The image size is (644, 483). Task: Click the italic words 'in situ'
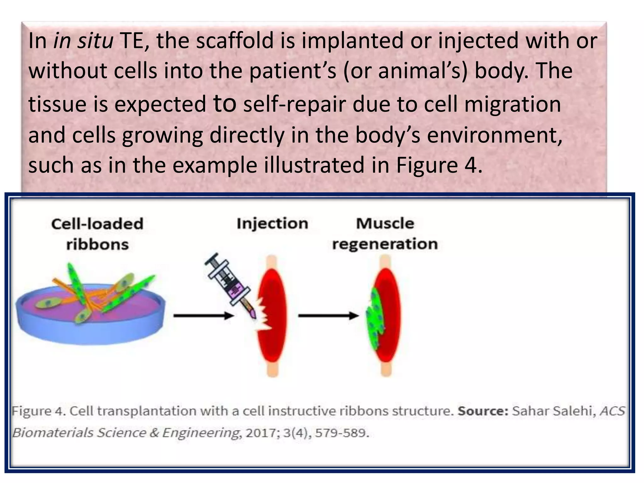[83, 41]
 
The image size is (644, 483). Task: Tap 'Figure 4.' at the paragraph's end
[439, 166]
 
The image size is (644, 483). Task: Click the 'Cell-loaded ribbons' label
[97, 234]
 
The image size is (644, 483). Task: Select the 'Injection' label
[272, 224]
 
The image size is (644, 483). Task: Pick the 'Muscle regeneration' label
[385, 234]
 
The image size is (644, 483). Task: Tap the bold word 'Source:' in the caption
[483, 411]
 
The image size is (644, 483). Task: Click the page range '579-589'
[341, 433]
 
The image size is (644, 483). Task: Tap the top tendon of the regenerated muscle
[385, 263]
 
